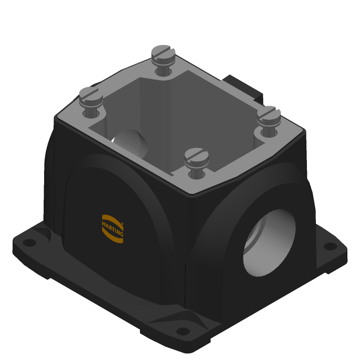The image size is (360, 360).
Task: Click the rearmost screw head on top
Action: coord(163,55)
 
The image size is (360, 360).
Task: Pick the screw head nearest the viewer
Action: coord(196,158)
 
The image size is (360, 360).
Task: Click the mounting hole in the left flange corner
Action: coord(30,243)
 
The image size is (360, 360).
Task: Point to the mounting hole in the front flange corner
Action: coord(183,331)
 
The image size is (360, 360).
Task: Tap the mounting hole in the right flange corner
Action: coord(330,246)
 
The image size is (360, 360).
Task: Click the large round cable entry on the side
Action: coord(269,243)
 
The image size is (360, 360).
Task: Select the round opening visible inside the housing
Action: coord(130,143)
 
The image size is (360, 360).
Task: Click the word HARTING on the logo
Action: coord(112,229)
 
